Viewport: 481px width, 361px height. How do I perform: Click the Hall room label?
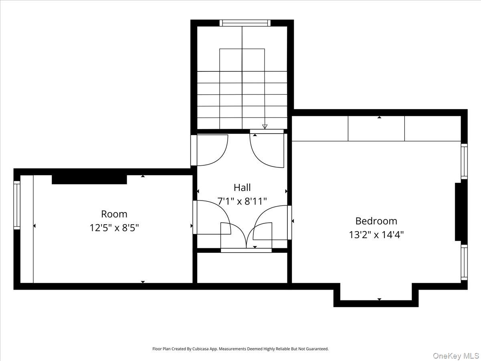(242, 187)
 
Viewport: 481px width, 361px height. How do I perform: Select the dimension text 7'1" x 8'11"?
(242, 201)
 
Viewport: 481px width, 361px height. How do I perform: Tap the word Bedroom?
(376, 221)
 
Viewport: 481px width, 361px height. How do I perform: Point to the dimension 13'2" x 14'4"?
(376, 234)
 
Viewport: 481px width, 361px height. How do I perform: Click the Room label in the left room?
(114, 214)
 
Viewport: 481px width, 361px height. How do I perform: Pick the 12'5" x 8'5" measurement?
(114, 227)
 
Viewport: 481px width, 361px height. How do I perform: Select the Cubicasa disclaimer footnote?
(240, 349)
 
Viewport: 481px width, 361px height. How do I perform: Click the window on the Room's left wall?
(17, 205)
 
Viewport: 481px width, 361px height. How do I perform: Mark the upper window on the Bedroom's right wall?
(464, 161)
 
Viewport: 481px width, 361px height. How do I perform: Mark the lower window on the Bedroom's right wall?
(464, 262)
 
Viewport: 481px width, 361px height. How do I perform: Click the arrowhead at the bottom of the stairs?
(265, 126)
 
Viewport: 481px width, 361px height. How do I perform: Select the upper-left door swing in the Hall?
(210, 150)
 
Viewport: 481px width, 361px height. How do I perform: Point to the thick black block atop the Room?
(89, 179)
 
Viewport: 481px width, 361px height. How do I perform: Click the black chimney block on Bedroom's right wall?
(458, 211)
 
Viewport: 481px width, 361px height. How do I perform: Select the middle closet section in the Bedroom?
(376, 129)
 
